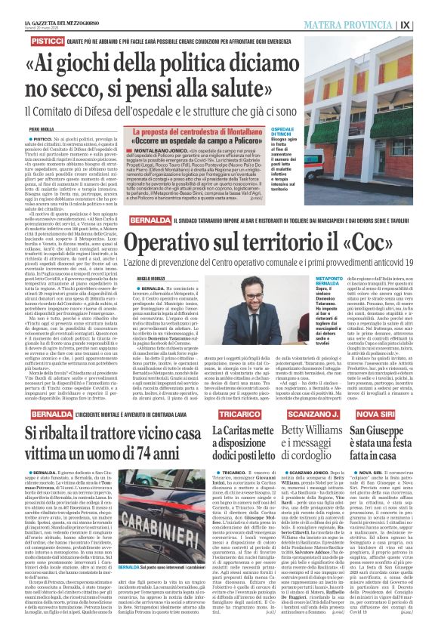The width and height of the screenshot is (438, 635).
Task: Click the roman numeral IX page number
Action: pyautogui.click(x=426, y=24)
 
